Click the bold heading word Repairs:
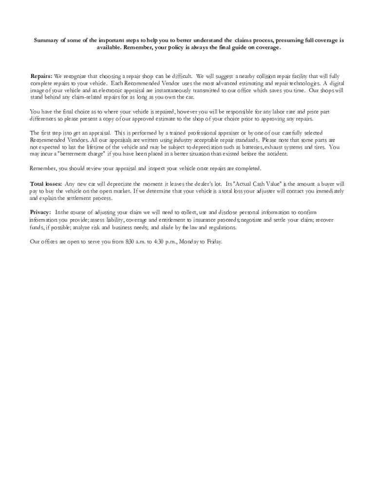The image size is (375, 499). pyautogui.click(x=41, y=77)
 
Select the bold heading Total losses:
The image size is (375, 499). pyautogui.click(x=46, y=184)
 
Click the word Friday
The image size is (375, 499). pyautogui.click(x=214, y=241)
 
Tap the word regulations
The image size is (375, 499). pyautogui.click(x=222, y=227)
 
